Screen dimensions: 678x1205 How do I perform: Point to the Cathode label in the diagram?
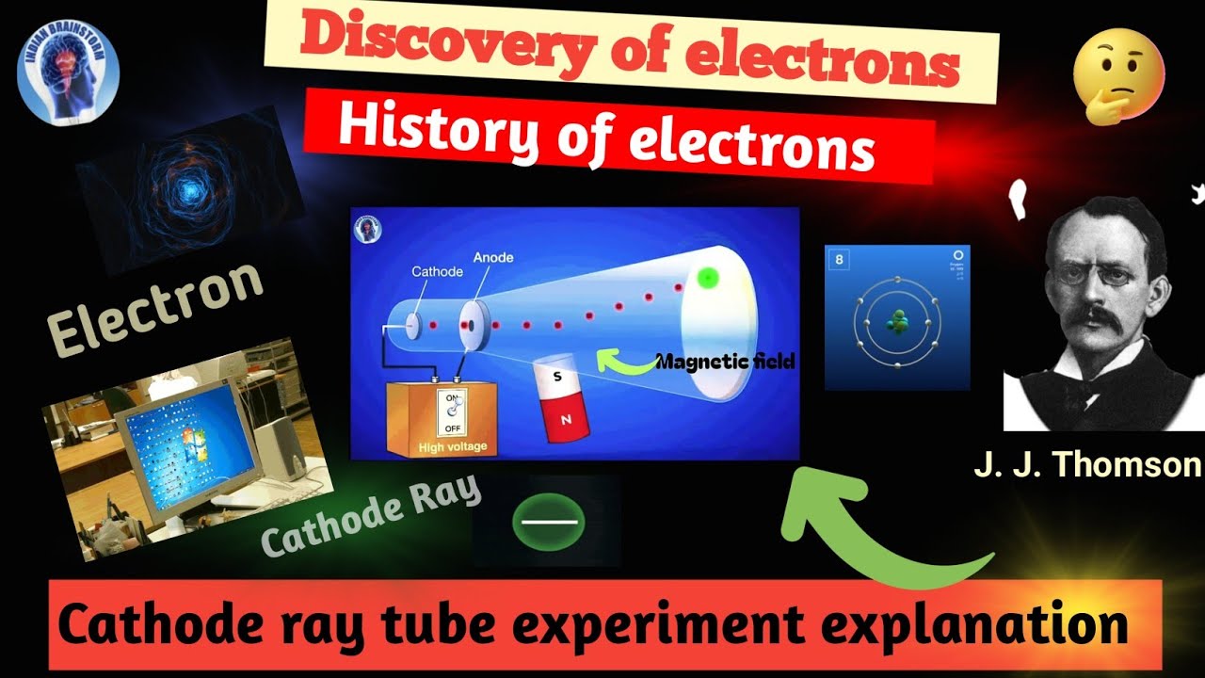tap(437, 271)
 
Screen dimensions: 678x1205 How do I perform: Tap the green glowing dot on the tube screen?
tap(708, 277)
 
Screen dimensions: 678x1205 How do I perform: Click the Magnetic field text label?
tap(725, 361)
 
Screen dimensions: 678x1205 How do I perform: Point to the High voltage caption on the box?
tap(454, 446)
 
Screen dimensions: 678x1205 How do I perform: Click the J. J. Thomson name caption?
tap(1087, 464)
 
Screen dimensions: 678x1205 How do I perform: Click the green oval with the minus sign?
tap(549, 520)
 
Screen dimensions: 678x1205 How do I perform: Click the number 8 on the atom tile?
tap(839, 261)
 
